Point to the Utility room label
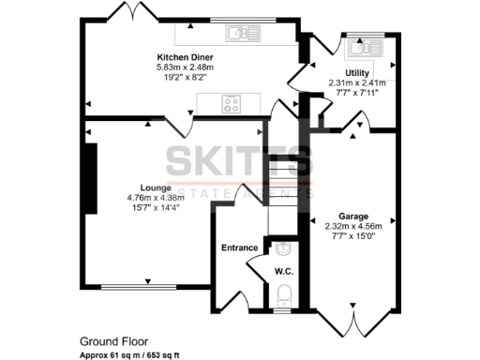[x=357, y=72]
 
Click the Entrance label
[x=239, y=247]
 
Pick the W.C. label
[x=285, y=272]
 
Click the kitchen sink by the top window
[x=242, y=35]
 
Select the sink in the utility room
[x=359, y=48]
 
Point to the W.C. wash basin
[x=285, y=248]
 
